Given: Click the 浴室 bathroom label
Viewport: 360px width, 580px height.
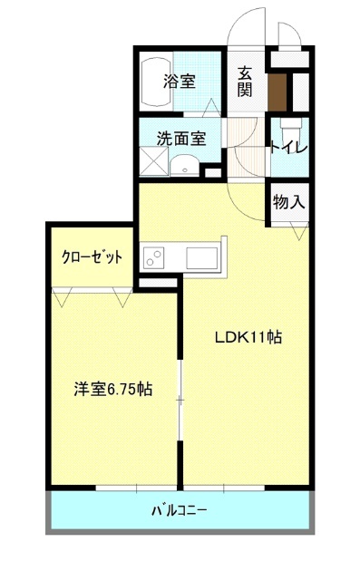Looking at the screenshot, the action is pos(180,82).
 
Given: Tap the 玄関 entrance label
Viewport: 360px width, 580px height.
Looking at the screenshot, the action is pos(245,82).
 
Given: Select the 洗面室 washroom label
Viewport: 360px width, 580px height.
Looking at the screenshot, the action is pos(181,139).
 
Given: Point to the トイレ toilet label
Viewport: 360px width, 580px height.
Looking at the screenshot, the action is pos(289,148).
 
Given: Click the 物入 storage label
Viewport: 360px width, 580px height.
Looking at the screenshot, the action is pos(289,202).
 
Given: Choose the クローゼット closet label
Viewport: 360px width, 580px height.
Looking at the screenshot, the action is pos(92,256).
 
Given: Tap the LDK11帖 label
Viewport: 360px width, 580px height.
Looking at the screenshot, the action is pos(248,337).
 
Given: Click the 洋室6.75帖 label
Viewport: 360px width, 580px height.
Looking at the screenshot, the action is pos(112,389).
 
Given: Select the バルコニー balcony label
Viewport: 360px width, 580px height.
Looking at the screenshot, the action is pos(180,511).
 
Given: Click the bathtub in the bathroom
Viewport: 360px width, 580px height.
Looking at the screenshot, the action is pos(156,82).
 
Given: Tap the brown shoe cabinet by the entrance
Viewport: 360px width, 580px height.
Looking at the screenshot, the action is pos(277,92).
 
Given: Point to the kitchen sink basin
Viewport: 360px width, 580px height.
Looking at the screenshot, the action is pos(201,257).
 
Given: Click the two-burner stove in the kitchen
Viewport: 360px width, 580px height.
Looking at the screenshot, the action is pos(154,257).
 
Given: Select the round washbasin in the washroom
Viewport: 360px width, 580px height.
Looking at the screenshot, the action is pos(185,165).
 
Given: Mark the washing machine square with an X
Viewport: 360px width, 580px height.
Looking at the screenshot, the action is pos(154,160).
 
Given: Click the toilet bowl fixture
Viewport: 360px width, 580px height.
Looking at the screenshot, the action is pos(291,129).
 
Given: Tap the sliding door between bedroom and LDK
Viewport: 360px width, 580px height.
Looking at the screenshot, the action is pos(180,400).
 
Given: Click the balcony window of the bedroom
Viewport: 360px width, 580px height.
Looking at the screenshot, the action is pos(136,488).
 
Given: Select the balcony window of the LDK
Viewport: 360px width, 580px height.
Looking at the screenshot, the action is pos(224,488).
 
